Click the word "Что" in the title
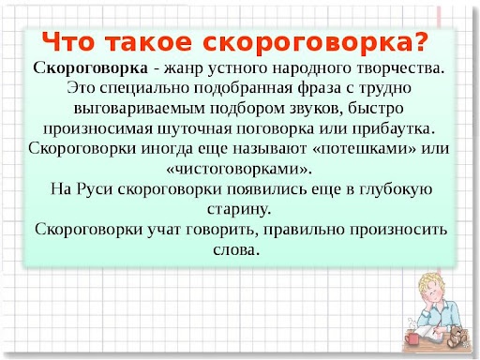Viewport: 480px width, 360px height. pos(73,42)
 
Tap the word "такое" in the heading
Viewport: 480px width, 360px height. pos(155,42)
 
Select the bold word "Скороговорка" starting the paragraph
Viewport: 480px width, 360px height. pos(89,68)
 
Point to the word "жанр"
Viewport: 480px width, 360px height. pos(184,68)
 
